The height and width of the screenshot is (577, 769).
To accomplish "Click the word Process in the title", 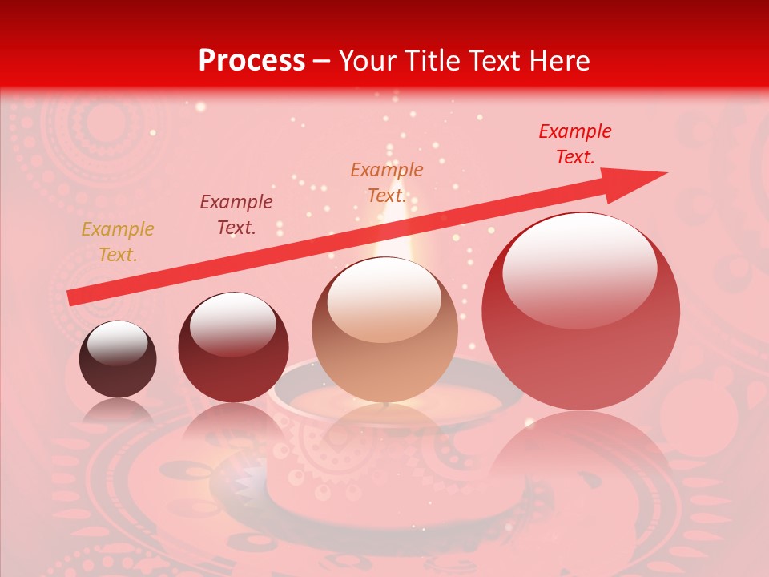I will pos(252,61).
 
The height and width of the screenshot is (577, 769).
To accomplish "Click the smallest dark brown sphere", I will pos(118,360).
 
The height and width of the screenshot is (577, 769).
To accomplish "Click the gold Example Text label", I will pos(118,242).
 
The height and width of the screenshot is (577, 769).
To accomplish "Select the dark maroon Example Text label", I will pos(236,215).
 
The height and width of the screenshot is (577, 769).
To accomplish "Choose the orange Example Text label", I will pos(387,183).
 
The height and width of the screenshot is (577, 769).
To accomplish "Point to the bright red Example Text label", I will pos(575,144).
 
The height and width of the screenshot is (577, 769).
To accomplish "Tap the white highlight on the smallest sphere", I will pos(117,342).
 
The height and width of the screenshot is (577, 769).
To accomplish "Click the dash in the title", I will pos(322,62).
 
